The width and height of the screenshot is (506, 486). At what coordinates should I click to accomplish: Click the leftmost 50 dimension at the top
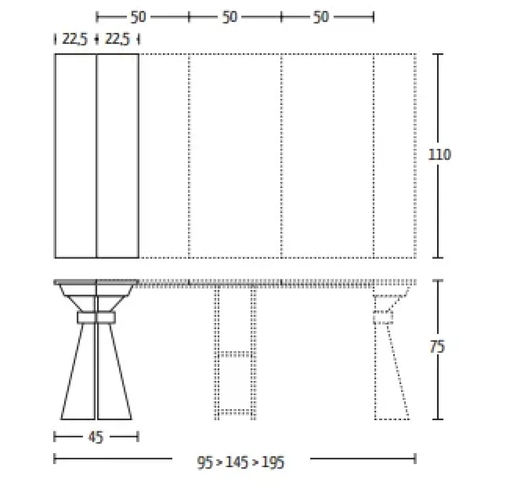tap(138, 17)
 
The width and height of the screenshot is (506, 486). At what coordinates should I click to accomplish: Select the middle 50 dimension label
tap(230, 17)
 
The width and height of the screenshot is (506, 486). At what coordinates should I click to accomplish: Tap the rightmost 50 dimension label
tap(321, 17)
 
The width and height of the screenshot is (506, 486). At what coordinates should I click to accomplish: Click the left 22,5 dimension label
tap(75, 39)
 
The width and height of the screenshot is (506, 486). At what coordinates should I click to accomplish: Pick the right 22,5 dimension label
tap(117, 39)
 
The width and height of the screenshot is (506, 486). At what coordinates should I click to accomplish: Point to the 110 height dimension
tap(439, 155)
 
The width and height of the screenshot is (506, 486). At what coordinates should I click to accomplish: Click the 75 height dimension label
tap(438, 347)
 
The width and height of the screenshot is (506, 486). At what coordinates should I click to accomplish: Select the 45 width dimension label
tap(96, 437)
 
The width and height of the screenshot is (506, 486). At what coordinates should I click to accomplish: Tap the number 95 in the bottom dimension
tap(206, 463)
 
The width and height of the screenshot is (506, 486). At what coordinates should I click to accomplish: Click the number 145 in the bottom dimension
tap(237, 463)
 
